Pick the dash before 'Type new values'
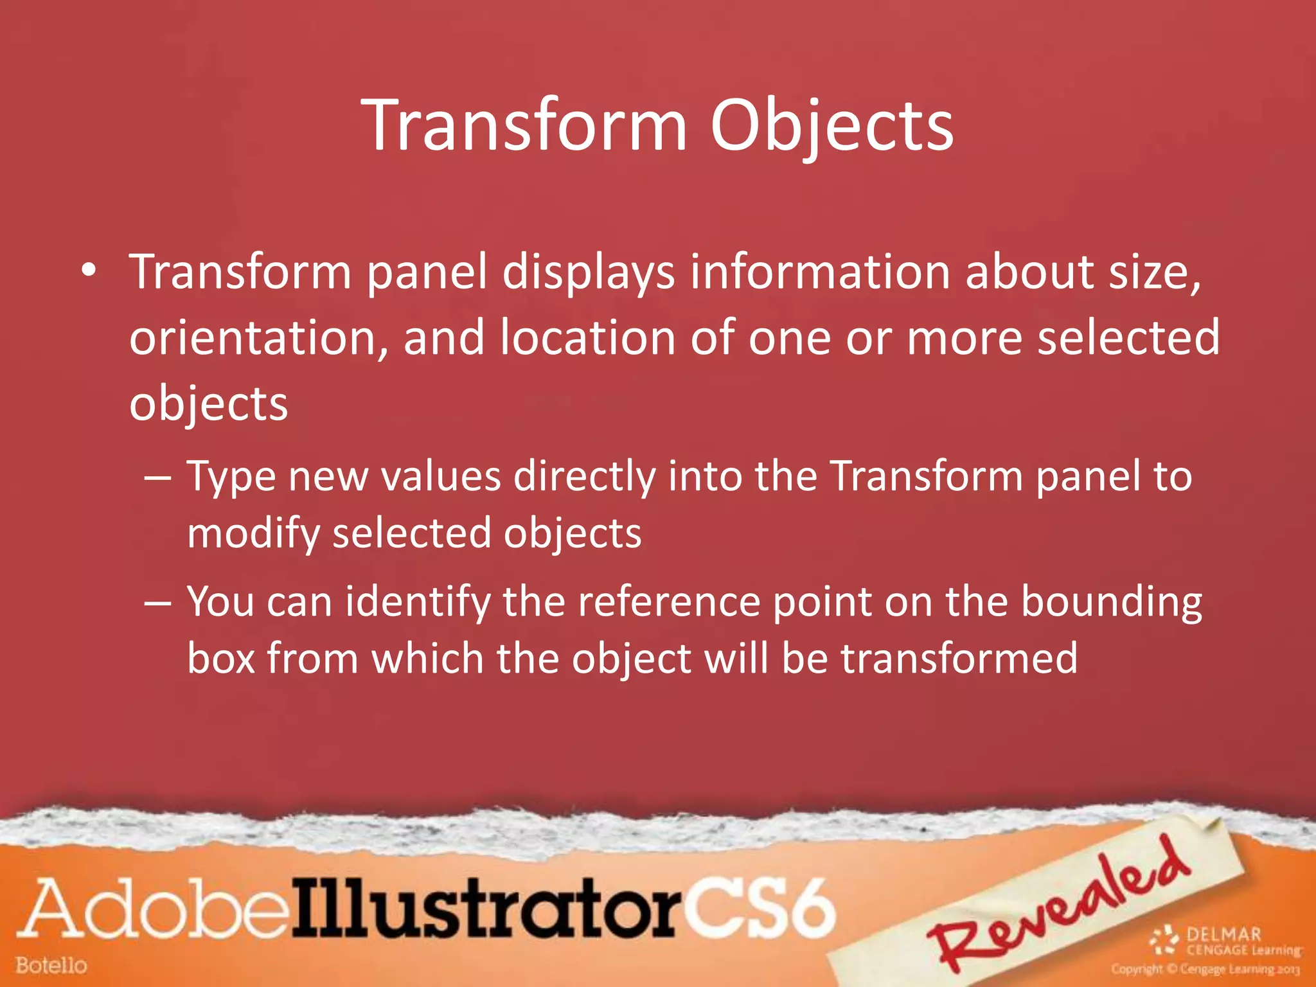(157, 479)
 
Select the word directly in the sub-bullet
(585, 477)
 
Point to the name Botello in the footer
(51, 965)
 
